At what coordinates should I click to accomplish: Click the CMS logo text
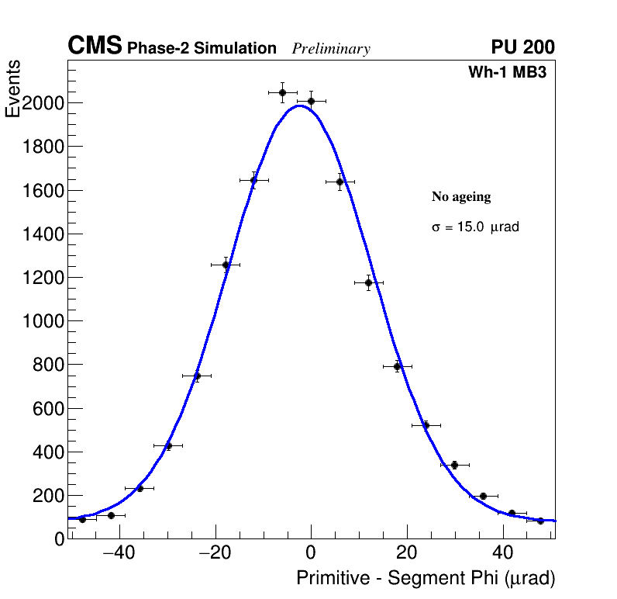point(95,47)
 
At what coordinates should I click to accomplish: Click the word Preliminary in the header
point(331,49)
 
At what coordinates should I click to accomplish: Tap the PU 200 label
point(522,47)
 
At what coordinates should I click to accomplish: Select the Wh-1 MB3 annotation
point(512,73)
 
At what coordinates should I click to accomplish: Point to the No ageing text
point(461,197)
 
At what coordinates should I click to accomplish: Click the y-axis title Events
point(13,89)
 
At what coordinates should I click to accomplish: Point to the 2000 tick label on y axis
point(43,103)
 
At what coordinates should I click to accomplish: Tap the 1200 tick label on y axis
point(43,278)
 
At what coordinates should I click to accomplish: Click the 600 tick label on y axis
point(47,408)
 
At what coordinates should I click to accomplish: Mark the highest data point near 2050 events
point(282,92)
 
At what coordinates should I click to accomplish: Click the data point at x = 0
point(311,101)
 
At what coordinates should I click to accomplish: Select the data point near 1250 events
point(226,265)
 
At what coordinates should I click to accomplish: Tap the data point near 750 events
point(197,376)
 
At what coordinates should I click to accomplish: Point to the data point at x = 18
point(397,366)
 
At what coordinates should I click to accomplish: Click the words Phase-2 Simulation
point(202,49)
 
